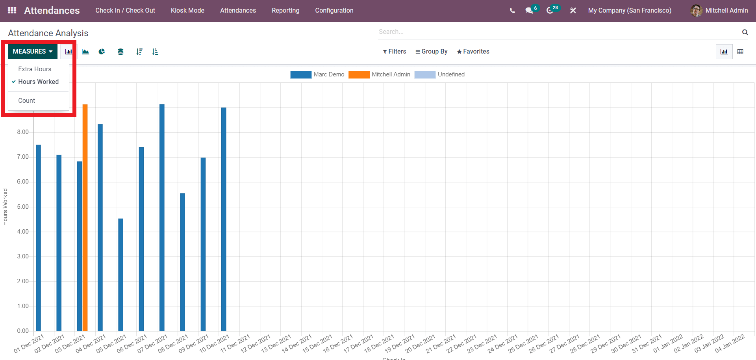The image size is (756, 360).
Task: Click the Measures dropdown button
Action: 33,52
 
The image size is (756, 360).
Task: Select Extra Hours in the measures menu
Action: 35,69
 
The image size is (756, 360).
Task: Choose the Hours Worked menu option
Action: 38,82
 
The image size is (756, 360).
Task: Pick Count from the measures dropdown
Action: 27,100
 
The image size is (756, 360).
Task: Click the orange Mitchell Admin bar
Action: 85,218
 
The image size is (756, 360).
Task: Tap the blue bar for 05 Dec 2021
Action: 121,275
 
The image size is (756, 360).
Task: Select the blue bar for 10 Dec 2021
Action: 224,219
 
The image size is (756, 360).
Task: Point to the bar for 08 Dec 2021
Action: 182,262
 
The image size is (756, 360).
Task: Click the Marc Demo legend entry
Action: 317,74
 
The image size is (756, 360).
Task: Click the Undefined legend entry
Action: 439,74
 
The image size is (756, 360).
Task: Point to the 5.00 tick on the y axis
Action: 23,207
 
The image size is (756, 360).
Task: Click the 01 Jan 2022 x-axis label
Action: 668,343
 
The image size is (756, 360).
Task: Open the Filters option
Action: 394,52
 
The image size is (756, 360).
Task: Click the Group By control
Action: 431,52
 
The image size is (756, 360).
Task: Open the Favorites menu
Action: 473,52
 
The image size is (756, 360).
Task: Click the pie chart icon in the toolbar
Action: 102,52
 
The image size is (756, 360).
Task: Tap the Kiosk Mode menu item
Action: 187,11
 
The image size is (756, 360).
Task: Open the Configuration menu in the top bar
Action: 334,11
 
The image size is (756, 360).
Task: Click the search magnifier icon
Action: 745,32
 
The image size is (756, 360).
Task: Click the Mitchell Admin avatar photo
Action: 696,11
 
